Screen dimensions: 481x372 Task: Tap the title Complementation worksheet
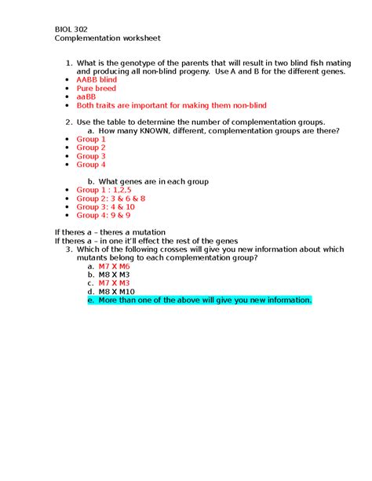click(x=108, y=38)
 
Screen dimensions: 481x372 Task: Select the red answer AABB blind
click(x=97, y=80)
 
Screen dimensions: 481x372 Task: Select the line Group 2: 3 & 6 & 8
click(x=111, y=199)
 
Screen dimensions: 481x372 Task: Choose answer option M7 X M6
click(x=114, y=267)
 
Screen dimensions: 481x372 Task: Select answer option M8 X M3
click(x=114, y=275)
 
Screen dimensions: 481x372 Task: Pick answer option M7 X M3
click(x=114, y=283)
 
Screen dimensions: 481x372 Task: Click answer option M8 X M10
click(x=116, y=292)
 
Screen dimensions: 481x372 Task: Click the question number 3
click(x=69, y=250)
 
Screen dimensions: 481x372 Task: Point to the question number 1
click(x=69, y=63)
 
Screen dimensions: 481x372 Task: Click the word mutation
click(x=147, y=232)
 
